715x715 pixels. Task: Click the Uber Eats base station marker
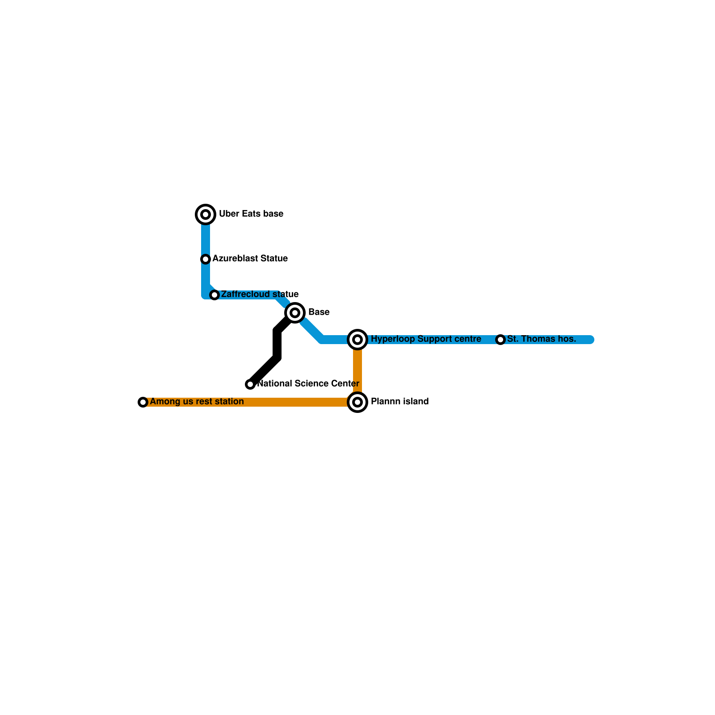206,214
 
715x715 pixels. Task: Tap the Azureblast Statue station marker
206,259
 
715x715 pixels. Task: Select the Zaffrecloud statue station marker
214,295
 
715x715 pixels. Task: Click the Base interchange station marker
295,313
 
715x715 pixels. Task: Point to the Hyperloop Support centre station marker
357,340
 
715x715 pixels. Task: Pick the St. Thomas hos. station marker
500,340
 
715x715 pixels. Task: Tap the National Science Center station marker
250,384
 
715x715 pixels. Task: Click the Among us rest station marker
143,402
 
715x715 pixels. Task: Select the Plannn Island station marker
357,402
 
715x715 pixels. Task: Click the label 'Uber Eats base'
251,214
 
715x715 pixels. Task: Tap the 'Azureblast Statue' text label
250,259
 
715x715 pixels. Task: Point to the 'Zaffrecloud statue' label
260,294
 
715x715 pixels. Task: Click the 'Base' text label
319,312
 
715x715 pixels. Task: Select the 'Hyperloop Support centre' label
426,339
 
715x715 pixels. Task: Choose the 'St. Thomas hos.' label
542,339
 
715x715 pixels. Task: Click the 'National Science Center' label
308,384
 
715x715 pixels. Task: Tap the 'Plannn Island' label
400,402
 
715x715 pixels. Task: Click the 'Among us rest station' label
197,402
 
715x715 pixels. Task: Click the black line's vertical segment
277,344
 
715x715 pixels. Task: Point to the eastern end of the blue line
591,340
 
